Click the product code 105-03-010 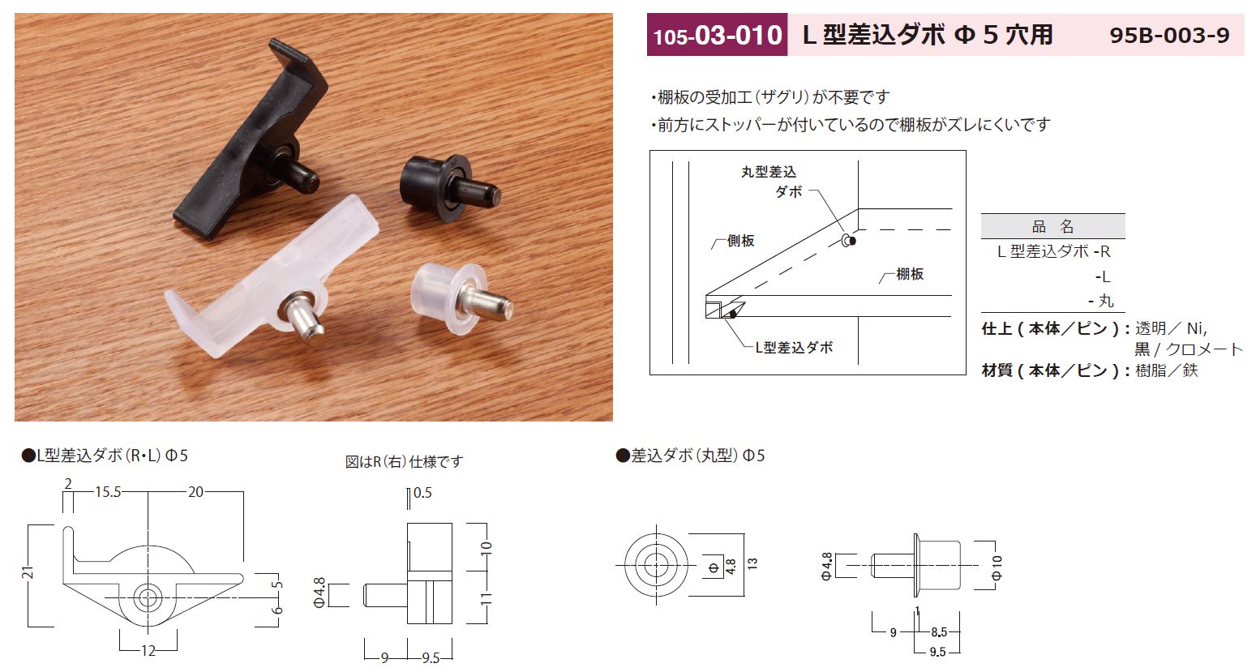(717, 35)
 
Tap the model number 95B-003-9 (1169, 35)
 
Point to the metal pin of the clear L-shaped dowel (302, 321)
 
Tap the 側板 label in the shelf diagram (739, 241)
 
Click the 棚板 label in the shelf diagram (909, 274)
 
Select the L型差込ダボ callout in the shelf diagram (794, 347)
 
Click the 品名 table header (1052, 226)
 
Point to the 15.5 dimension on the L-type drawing (107, 492)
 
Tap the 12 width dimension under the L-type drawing (148, 650)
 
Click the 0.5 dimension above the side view (422, 492)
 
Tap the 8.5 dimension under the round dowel (941, 631)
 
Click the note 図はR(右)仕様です (404, 461)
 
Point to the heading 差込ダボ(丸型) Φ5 (690, 456)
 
